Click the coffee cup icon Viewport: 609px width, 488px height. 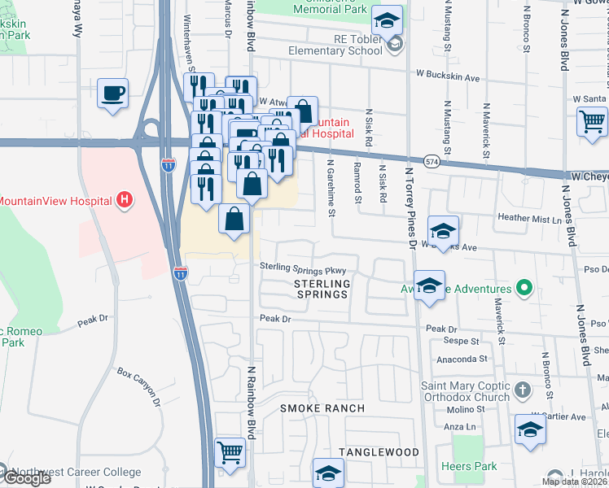tap(112, 91)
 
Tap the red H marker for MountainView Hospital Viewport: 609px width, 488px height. tap(124, 199)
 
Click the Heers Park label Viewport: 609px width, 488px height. tap(467, 466)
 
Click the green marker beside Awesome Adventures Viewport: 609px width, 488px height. tap(526, 289)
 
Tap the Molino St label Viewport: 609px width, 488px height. tap(462, 412)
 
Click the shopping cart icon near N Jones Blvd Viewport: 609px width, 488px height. tap(592, 121)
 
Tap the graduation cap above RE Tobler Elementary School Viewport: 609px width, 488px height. tap(388, 18)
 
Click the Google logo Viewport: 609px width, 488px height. tap(26, 478)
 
